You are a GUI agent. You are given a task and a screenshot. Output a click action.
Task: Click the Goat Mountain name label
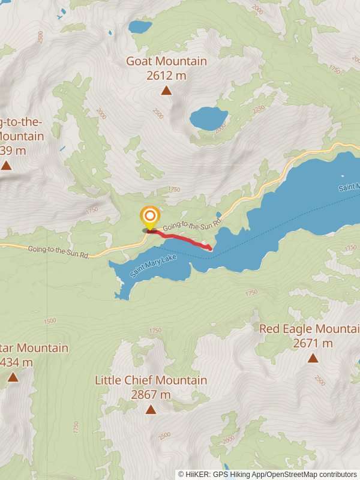[x=166, y=61]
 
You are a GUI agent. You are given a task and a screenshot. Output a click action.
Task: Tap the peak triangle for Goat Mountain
[x=166, y=91]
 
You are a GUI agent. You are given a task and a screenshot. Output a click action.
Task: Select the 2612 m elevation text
[x=166, y=76]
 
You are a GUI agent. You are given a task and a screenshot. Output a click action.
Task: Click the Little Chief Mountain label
[x=151, y=380]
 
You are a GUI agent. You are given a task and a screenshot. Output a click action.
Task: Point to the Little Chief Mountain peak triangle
[x=151, y=410]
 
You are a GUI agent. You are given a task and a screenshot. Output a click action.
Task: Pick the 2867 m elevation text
[x=151, y=395]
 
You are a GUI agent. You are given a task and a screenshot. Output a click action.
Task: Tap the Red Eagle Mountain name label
[x=310, y=329]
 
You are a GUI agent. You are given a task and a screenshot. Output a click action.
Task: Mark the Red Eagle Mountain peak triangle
[x=313, y=358]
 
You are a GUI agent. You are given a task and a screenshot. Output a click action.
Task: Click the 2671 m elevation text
[x=313, y=343]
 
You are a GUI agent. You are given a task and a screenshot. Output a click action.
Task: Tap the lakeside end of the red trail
[x=210, y=248]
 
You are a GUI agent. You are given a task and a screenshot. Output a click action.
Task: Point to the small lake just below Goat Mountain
[x=209, y=118]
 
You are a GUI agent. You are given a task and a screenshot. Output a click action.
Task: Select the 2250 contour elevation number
[x=259, y=109]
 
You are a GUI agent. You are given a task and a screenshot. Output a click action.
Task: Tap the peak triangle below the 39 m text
[x=6, y=165]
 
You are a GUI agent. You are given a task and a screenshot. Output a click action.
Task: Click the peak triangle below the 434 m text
[x=13, y=377]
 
